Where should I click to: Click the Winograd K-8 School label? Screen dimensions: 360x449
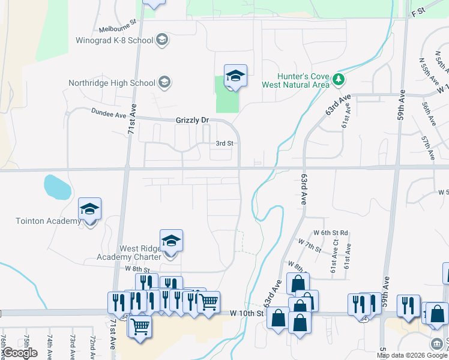point(115,41)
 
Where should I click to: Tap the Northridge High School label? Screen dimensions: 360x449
point(112,83)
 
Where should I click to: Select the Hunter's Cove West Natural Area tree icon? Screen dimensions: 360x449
point(339,79)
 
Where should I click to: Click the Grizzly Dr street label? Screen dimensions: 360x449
point(192,121)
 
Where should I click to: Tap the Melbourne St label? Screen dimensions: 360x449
point(118,28)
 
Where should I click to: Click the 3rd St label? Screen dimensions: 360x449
point(224,143)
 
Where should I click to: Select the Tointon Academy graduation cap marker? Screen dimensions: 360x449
point(90,209)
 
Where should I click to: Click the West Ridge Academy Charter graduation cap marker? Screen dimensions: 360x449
point(171,241)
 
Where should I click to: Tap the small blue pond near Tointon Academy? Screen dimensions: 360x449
point(57,187)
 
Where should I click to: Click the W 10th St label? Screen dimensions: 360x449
point(247,313)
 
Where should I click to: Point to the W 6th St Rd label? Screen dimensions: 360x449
point(331,233)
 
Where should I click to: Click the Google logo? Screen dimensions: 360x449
point(20,353)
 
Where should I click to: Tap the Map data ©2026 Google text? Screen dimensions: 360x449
point(412,355)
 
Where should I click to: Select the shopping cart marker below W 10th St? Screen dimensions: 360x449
point(140,327)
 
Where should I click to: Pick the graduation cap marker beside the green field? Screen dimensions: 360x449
point(235,76)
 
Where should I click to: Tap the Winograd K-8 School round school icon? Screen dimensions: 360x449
point(161,41)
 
